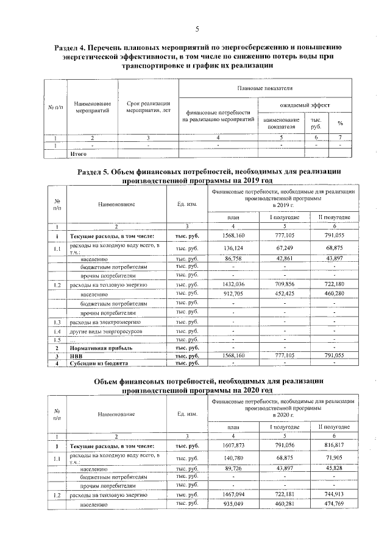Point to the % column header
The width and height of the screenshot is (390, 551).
click(339, 123)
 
